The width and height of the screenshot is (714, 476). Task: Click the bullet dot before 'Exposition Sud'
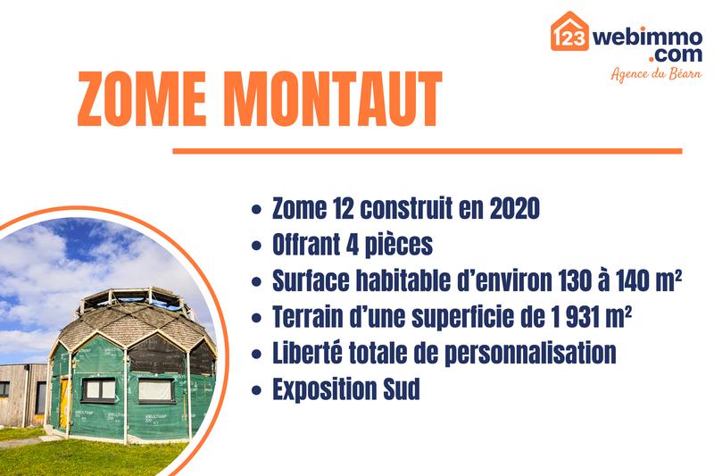click(x=257, y=390)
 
